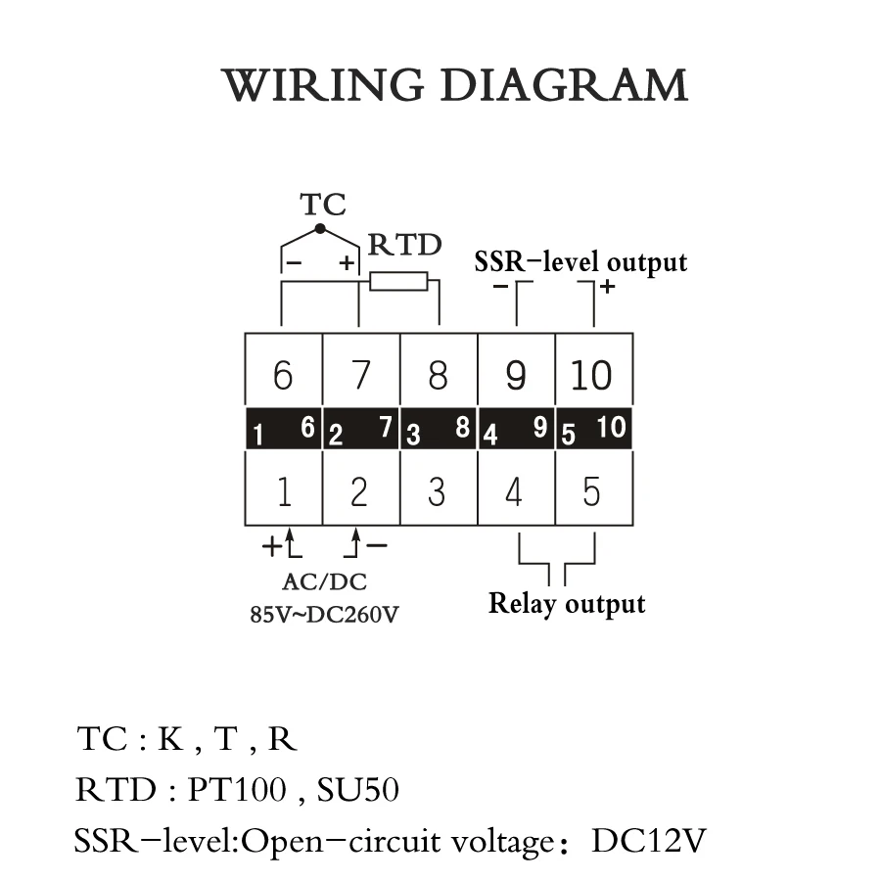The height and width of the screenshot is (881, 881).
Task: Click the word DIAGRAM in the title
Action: (563, 86)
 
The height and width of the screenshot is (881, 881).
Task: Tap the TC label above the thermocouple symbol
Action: (322, 205)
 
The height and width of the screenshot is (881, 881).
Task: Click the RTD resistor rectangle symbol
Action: (399, 282)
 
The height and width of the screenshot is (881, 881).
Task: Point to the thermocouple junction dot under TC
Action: (319, 229)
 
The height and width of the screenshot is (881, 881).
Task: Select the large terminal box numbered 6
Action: (283, 375)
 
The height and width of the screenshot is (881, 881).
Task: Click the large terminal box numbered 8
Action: (438, 375)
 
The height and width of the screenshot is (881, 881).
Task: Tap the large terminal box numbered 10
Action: (593, 375)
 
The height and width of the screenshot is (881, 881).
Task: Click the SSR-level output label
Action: (580, 262)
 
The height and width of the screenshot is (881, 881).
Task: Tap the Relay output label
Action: (567, 603)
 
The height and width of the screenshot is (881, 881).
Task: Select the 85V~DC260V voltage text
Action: (325, 617)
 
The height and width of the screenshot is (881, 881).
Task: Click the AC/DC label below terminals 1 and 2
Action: (324, 582)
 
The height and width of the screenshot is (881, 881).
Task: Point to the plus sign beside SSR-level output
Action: (607, 286)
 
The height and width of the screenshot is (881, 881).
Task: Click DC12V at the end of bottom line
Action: (648, 841)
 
